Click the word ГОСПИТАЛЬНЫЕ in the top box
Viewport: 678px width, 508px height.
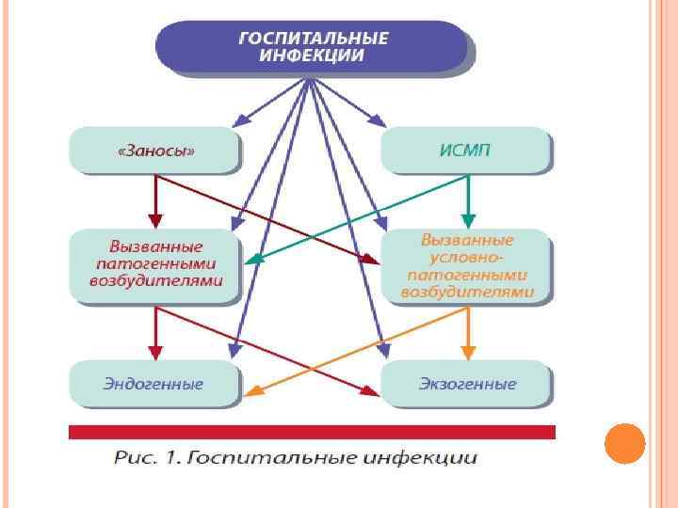tap(313, 39)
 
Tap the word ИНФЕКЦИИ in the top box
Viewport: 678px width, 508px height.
tap(313, 56)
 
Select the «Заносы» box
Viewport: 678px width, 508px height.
tap(155, 150)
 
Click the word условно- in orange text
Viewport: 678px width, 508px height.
tap(467, 257)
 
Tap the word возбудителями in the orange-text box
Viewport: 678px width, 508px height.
tap(467, 293)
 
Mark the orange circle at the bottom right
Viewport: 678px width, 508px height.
tap(623, 443)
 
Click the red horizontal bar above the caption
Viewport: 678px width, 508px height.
tap(312, 432)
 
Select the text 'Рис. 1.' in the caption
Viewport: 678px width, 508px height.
tap(146, 459)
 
